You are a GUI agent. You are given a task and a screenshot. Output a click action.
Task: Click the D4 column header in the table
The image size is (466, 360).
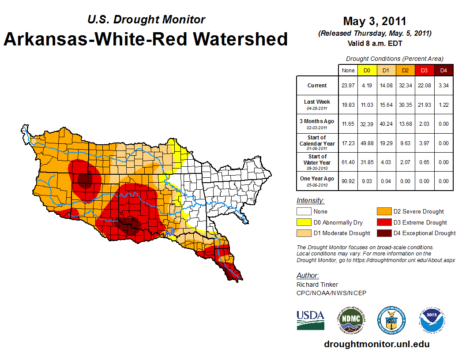(443, 70)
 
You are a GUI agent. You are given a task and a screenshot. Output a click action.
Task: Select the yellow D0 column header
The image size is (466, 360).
(367, 70)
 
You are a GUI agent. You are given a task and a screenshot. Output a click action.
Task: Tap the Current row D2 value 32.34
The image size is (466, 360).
(405, 86)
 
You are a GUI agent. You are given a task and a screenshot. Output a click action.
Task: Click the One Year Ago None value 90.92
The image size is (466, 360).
(348, 181)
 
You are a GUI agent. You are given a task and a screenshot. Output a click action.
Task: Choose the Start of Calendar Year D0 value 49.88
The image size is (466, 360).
(367, 143)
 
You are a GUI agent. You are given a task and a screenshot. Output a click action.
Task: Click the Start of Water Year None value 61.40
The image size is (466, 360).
(348, 162)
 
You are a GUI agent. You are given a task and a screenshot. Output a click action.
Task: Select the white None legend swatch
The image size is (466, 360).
(304, 212)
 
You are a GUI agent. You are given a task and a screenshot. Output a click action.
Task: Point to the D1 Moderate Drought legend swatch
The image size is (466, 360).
(304, 233)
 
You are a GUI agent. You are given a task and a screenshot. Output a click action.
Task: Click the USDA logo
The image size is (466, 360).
(310, 320)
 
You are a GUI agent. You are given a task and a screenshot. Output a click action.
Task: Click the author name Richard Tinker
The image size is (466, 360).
(317, 285)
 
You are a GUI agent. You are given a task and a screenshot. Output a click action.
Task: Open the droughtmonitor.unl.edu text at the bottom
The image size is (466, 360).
(376, 344)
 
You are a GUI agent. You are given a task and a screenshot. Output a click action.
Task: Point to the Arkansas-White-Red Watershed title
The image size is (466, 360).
(146, 39)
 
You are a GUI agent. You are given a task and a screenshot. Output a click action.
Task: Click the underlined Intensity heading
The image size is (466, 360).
(310, 201)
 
